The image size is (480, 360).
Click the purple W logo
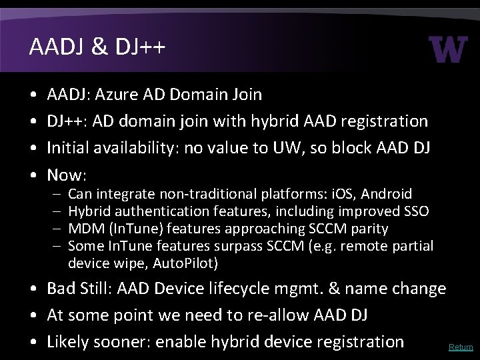[x=449, y=49]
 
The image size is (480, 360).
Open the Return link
[x=461, y=347]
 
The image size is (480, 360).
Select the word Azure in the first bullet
[x=117, y=95]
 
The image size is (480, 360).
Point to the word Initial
[x=69, y=148]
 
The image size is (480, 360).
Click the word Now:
[x=67, y=175]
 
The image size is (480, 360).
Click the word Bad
[x=62, y=289]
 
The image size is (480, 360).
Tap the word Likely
[x=68, y=342]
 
